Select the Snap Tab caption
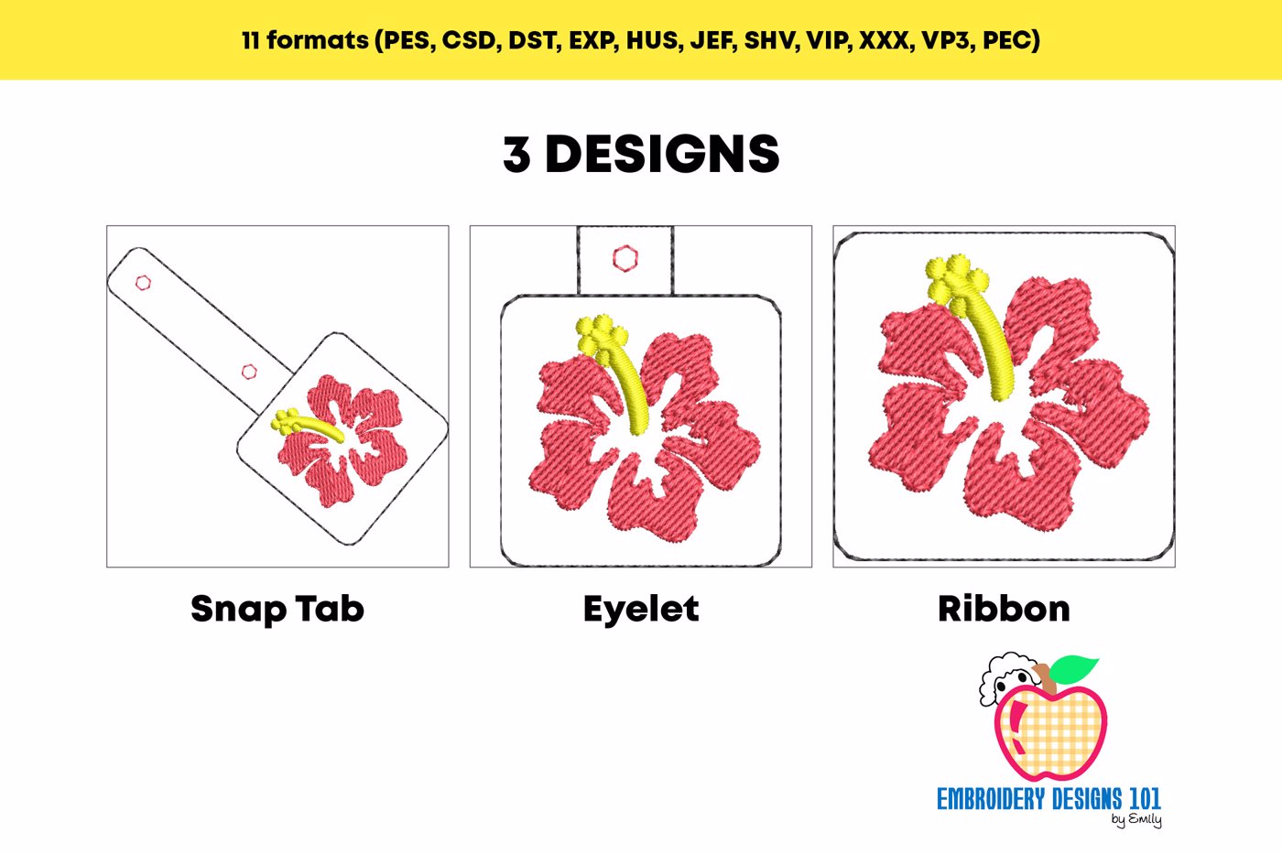pos(277,610)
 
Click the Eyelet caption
pos(641,610)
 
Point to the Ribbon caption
pos(1004,609)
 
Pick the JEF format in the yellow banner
pos(710,40)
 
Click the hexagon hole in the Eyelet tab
pos(625,258)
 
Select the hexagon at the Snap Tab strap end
pos(143,283)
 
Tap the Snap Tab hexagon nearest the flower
pos(249,372)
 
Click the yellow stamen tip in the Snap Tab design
pos(286,420)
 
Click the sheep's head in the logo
pos(1008,681)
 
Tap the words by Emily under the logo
pos(1136,820)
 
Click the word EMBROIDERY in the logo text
pos(993,799)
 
